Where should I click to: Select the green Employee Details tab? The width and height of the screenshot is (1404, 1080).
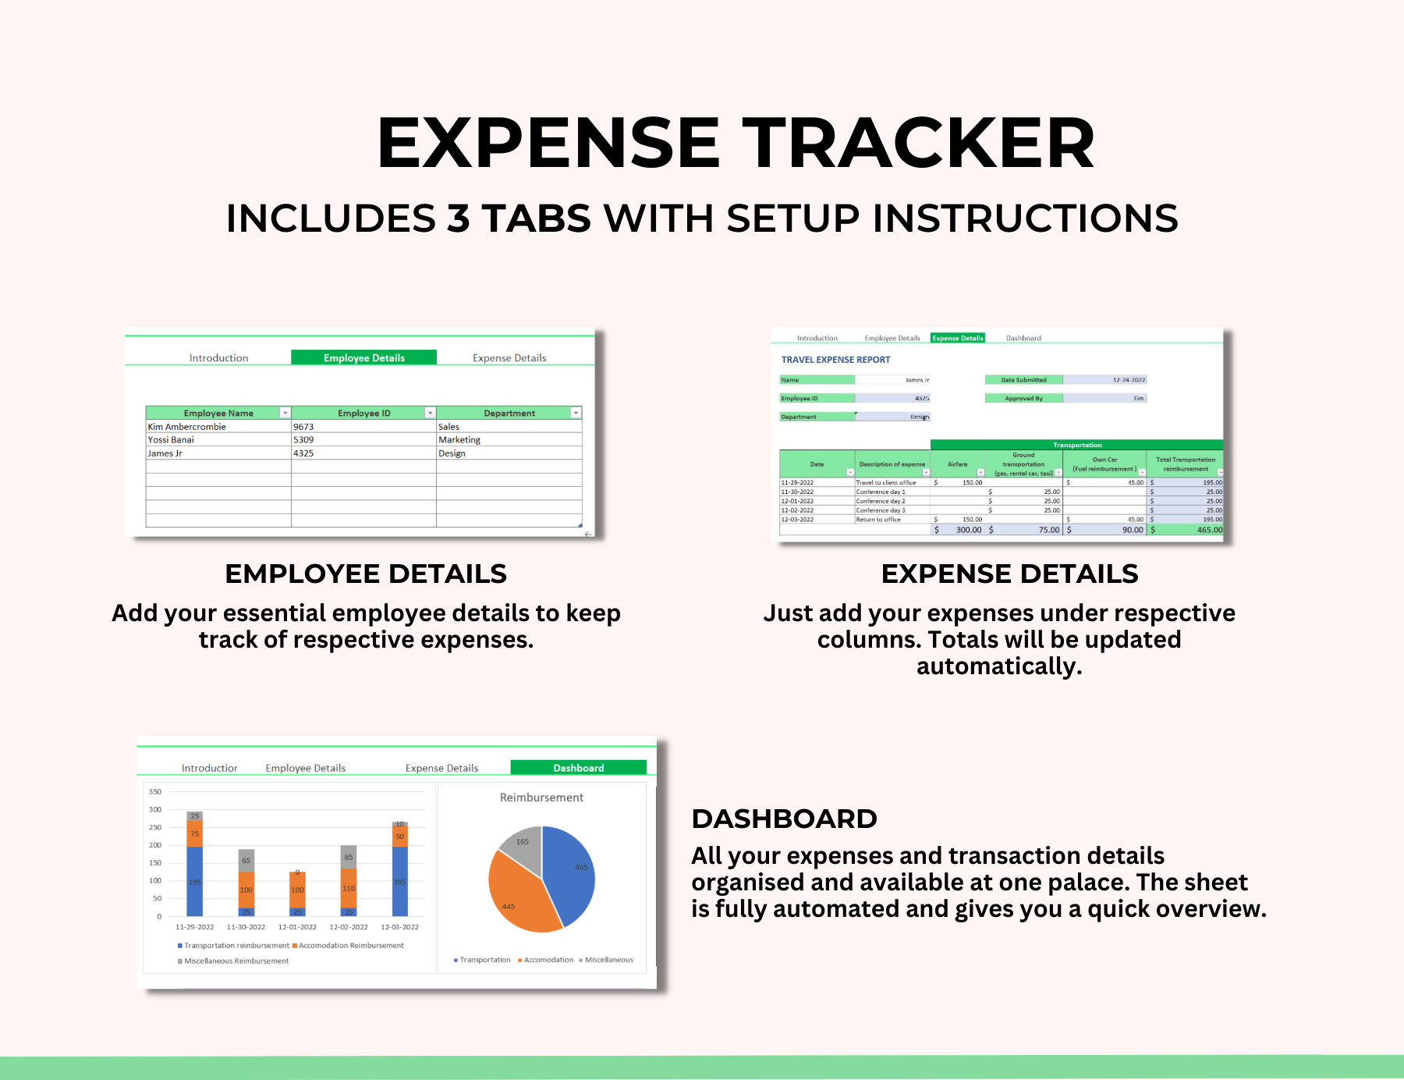click(x=363, y=357)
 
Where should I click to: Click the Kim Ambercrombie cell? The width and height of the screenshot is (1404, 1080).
click(x=187, y=427)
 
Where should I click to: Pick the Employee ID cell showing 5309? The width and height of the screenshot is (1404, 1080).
click(x=304, y=440)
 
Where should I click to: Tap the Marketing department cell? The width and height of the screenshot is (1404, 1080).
click(x=459, y=440)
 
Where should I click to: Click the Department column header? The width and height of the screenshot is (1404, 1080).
click(x=509, y=413)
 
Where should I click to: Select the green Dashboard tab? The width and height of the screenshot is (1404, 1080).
click(x=578, y=768)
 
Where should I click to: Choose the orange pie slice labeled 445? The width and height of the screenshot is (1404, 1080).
click(x=515, y=897)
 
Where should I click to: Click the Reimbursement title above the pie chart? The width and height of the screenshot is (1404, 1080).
click(x=541, y=798)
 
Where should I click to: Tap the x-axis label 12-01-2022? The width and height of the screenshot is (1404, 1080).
click(x=297, y=927)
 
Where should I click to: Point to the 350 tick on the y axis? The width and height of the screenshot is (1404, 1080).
click(x=155, y=792)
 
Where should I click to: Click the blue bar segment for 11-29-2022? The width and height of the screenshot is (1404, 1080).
click(x=195, y=882)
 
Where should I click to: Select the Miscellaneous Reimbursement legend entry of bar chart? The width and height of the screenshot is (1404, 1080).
click(x=236, y=961)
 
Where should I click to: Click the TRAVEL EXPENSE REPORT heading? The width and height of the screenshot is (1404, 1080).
click(x=835, y=360)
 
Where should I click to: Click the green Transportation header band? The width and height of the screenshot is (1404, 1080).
click(x=1076, y=445)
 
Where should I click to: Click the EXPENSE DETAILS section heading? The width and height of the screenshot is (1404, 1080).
click(x=1009, y=574)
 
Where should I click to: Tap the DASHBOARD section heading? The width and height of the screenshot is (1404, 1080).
click(x=784, y=819)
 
